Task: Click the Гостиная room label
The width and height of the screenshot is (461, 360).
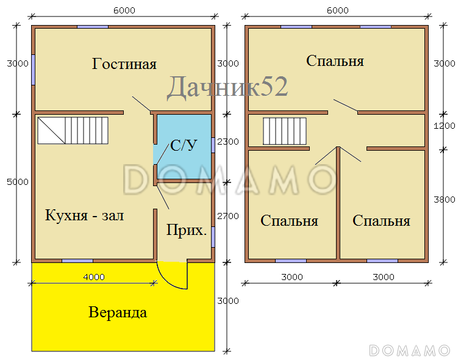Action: (x=124, y=64)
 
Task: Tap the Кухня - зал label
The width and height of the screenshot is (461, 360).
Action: (x=84, y=215)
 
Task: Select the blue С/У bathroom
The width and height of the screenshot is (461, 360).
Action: (x=183, y=146)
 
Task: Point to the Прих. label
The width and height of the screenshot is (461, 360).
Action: (x=187, y=231)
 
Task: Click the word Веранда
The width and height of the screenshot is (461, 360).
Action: (x=118, y=313)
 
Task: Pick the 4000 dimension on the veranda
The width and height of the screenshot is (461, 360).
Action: (x=94, y=276)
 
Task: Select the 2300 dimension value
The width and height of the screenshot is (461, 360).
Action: (x=228, y=141)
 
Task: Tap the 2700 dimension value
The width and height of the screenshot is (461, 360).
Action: (x=228, y=215)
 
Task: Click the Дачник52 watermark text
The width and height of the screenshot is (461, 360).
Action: (x=227, y=87)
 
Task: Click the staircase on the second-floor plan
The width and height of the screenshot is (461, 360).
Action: (x=285, y=131)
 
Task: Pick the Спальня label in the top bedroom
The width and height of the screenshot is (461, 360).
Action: (x=335, y=61)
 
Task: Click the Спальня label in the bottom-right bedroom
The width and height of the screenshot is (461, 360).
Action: (x=381, y=221)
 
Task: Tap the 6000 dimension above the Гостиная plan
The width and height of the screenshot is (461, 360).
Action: (x=124, y=10)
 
